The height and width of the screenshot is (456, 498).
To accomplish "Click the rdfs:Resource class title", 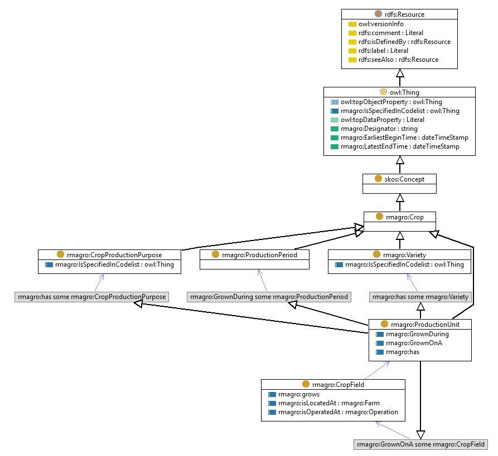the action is [404, 14].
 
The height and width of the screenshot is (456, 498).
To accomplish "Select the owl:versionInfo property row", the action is [381, 24].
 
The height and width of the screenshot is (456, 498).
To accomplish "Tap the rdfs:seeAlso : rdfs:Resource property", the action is [398, 60].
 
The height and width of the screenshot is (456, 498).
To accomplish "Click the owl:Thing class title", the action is [404, 92].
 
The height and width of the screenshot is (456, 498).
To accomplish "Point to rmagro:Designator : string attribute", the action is [379, 129].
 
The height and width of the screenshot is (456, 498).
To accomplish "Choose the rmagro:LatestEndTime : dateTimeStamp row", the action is [400, 146].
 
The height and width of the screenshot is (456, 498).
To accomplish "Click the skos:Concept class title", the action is [404, 179].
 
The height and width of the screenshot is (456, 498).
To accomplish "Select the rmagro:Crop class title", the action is [405, 217].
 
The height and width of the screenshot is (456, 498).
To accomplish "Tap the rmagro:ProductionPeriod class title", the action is [259, 254].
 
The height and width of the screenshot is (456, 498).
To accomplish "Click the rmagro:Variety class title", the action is [404, 254].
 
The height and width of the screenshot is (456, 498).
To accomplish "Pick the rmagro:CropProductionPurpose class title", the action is [114, 254].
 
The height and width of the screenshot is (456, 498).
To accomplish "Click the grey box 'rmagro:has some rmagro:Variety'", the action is [420, 297].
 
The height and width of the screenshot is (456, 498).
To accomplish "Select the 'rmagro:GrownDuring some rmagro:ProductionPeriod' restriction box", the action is [269, 297].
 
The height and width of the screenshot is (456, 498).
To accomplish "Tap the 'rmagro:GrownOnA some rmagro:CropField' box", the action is [421, 444].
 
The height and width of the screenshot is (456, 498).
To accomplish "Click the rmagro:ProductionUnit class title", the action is [425, 324].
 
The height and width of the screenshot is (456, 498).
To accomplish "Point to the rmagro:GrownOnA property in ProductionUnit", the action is [414, 343].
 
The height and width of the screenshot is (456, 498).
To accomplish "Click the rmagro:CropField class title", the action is [338, 384].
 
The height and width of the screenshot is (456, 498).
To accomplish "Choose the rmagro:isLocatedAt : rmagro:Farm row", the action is [328, 403].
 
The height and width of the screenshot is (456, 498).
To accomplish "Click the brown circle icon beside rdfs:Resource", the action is [378, 13].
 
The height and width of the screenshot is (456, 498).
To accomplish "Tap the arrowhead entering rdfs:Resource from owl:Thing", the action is [400, 73].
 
